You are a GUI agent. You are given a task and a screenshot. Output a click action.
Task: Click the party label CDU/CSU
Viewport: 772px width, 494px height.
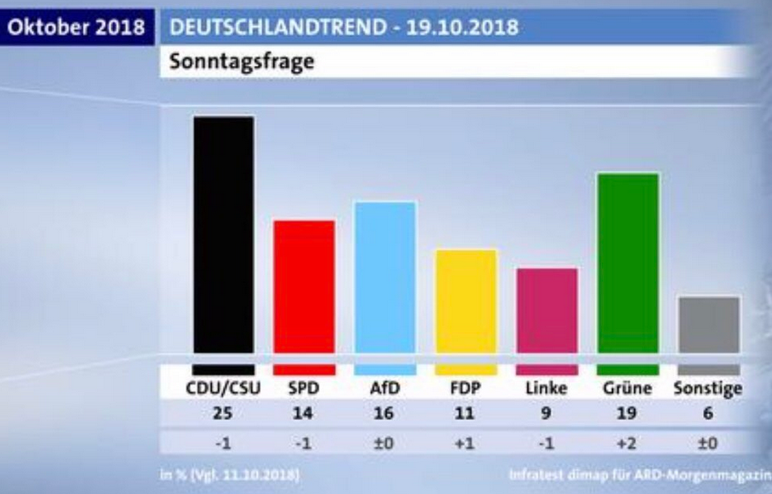tap(223, 389)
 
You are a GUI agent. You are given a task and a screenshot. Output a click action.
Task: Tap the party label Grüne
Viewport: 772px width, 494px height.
tap(628, 389)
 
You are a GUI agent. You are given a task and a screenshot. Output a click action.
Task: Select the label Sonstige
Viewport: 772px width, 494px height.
tap(708, 389)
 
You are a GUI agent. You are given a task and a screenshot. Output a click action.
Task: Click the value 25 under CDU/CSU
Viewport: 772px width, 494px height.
tap(223, 416)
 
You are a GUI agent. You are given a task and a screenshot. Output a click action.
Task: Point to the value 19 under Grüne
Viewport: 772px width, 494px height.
tap(628, 416)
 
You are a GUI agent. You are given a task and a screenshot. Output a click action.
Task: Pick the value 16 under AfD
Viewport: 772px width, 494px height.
tap(385, 416)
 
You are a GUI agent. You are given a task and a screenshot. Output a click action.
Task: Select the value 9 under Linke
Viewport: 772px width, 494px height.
tap(547, 416)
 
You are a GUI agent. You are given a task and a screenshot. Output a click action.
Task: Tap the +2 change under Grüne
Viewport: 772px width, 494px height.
tap(628, 444)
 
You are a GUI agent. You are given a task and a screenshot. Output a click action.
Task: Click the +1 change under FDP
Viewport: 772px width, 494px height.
tap(466, 444)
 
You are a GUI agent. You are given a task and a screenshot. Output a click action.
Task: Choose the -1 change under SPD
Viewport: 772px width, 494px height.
tap(304, 444)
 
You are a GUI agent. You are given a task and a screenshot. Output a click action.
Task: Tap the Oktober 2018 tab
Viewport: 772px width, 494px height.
tap(76, 27)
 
